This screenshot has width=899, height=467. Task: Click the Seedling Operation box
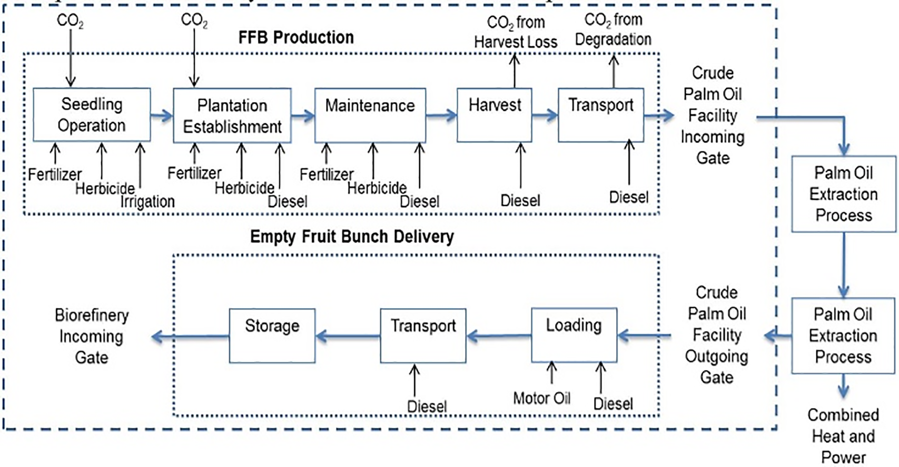click(x=92, y=115)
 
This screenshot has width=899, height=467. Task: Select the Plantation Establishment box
click(x=232, y=115)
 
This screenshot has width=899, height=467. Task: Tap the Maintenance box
click(x=370, y=115)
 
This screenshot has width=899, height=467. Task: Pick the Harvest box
click(x=495, y=115)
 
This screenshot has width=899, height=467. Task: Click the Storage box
click(x=272, y=336)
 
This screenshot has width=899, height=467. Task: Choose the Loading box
click(x=574, y=335)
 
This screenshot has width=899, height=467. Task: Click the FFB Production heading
click(x=296, y=37)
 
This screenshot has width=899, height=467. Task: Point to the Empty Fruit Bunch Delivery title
click(x=352, y=237)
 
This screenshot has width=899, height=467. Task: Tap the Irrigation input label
click(x=147, y=201)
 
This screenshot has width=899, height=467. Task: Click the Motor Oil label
click(x=542, y=398)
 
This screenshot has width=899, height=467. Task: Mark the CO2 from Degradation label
click(x=613, y=30)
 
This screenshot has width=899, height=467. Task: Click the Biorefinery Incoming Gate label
click(x=92, y=336)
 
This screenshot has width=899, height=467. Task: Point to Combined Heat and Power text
click(x=843, y=436)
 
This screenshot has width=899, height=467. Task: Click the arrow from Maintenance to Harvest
click(x=441, y=115)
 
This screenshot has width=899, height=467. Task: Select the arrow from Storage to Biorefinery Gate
click(x=190, y=336)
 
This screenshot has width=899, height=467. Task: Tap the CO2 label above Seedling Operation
click(x=70, y=21)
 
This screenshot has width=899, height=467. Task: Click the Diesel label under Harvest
click(x=520, y=200)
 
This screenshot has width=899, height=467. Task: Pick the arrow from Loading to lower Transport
click(x=499, y=336)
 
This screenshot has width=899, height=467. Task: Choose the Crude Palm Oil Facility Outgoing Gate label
click(x=717, y=335)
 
